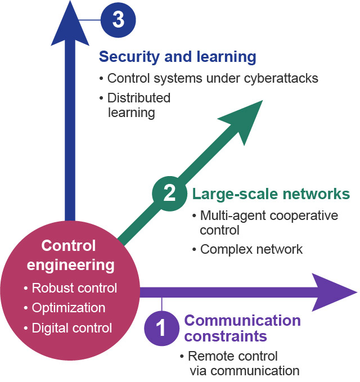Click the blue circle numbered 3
click(118, 20)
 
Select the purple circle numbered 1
click(162, 327)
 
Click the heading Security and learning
click(178, 57)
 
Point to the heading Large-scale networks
click(271, 195)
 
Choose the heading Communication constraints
click(242, 329)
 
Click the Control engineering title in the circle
click(69, 255)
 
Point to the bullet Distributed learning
click(138, 105)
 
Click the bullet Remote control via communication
click(239, 363)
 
